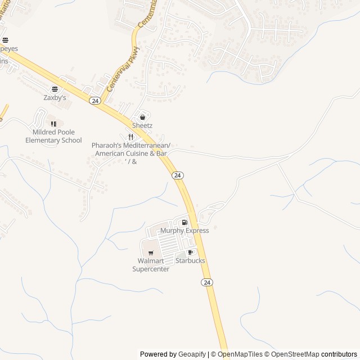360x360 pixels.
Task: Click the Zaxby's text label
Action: [55, 97]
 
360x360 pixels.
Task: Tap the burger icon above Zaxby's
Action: [55, 89]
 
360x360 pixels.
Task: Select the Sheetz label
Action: [142, 125]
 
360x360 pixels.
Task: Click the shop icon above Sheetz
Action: [142, 117]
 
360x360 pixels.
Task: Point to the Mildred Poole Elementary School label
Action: [53, 136]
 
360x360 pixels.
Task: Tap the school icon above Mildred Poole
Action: [53, 124]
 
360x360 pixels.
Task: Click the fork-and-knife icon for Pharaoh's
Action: [130, 137]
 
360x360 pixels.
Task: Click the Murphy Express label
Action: [184, 231]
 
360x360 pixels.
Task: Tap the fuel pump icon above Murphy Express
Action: [184, 223]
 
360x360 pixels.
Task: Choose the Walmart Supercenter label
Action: [151, 265]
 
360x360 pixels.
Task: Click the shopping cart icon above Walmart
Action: [150, 253]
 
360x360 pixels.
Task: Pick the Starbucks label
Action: [190, 261]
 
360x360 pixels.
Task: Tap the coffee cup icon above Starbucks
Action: [190, 253]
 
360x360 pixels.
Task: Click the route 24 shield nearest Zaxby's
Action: [94, 101]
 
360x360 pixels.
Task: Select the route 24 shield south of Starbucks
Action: [207, 282]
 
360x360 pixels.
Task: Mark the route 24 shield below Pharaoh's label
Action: [178, 175]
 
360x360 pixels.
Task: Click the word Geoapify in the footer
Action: [192, 354]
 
